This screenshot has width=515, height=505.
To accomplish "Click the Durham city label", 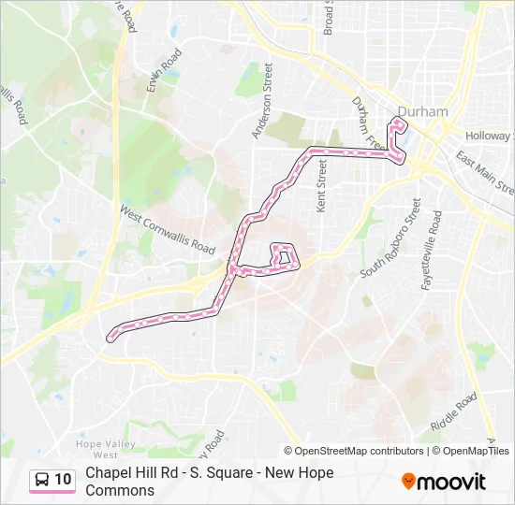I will [x=422, y=111].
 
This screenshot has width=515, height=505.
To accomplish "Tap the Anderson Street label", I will [x=261, y=101].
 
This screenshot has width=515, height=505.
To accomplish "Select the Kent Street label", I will [x=322, y=185].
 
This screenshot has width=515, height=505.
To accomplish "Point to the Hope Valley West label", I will [x=105, y=448].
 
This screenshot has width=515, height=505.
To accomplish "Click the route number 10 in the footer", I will [x=63, y=480].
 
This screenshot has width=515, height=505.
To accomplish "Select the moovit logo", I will [x=444, y=482].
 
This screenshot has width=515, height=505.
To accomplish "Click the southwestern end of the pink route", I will [x=111, y=335].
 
